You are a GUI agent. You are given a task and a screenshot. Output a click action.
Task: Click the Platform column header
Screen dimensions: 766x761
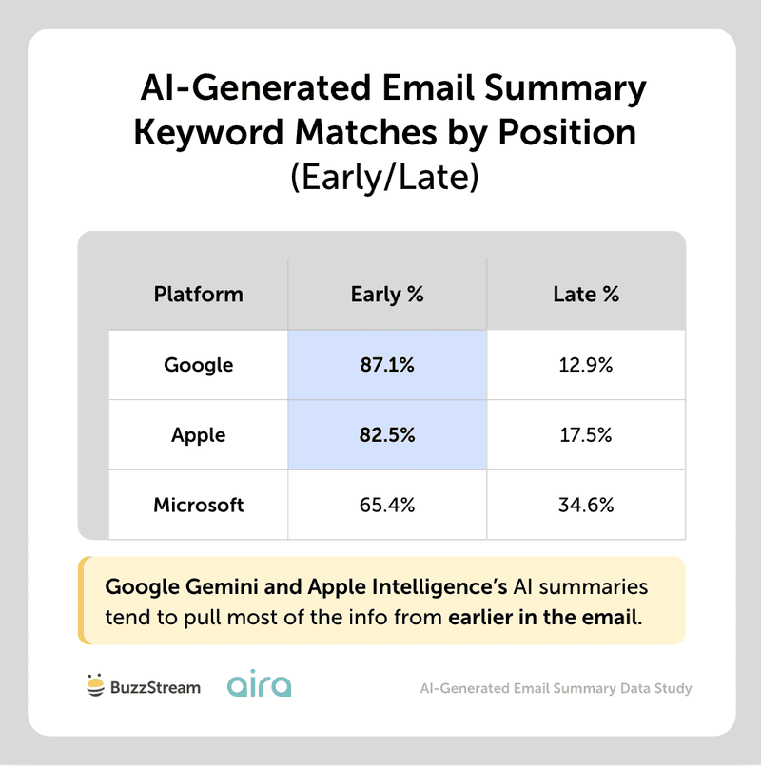[198, 294]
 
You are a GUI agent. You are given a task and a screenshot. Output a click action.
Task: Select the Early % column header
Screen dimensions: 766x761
[387, 294]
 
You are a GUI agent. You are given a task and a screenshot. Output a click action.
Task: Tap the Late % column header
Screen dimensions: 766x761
[586, 294]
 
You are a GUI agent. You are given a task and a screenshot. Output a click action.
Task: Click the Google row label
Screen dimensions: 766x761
[198, 365]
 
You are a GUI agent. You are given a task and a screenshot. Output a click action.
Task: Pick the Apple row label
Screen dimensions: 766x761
[198, 435]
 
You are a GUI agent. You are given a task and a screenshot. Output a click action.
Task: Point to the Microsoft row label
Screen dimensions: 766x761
[198, 505]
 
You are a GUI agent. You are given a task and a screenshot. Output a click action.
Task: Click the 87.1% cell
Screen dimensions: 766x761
[387, 365]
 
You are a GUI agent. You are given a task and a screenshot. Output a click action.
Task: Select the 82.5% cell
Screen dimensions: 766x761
[387, 435]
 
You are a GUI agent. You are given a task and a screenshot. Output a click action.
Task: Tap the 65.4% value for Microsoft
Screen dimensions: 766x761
[387, 505]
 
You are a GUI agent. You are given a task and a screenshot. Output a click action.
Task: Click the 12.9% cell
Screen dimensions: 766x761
[586, 365]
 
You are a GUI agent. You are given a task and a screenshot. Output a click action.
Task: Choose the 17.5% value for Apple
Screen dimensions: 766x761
[586, 435]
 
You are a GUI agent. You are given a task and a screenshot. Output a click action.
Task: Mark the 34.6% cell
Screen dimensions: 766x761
[586, 505]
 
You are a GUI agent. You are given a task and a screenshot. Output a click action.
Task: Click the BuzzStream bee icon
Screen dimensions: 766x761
[95, 685]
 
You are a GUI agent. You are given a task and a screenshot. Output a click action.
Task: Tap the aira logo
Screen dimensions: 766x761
[260, 685]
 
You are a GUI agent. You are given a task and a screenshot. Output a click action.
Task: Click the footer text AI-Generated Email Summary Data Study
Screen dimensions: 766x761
[556, 687]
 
